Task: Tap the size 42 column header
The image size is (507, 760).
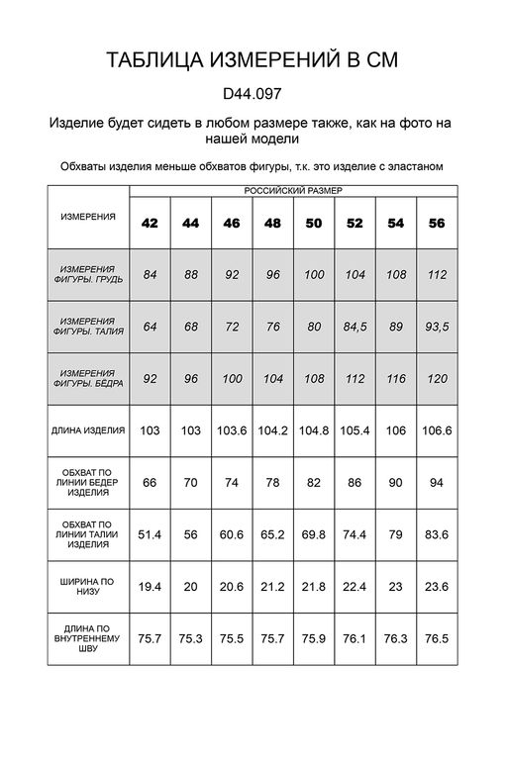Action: [x=150, y=223]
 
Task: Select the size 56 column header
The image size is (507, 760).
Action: [x=436, y=223]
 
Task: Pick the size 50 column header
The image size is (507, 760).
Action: [x=313, y=223]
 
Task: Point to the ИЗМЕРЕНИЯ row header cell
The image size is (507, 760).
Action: [x=88, y=216]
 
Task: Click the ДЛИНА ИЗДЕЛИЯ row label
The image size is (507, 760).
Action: [x=88, y=430]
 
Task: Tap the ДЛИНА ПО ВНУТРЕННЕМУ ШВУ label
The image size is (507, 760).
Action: [x=88, y=639]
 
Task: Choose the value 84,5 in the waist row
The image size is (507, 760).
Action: [x=355, y=326]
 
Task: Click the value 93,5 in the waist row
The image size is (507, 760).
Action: [x=436, y=326]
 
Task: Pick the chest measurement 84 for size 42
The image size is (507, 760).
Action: [x=150, y=273]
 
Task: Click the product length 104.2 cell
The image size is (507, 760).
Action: [x=272, y=430]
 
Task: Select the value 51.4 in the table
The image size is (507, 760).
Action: [x=150, y=534]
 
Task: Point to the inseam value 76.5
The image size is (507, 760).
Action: [x=436, y=638]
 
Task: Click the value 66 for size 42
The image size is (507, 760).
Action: [x=150, y=482]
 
